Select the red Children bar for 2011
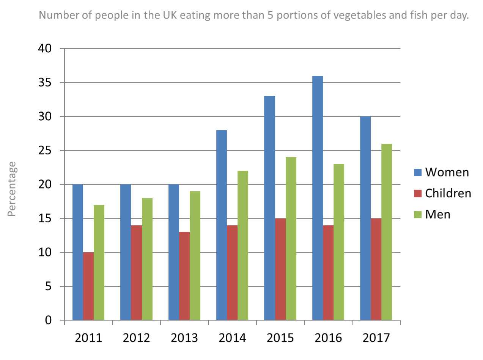[x=88, y=286]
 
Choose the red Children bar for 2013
[x=184, y=276]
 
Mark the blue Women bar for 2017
[x=365, y=218]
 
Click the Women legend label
[x=447, y=172]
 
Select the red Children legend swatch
[x=417, y=193]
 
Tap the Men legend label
[x=437, y=214]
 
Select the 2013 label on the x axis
[x=184, y=338]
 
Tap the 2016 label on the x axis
[x=328, y=338]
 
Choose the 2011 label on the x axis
[x=88, y=338]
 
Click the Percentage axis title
[x=12, y=189]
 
